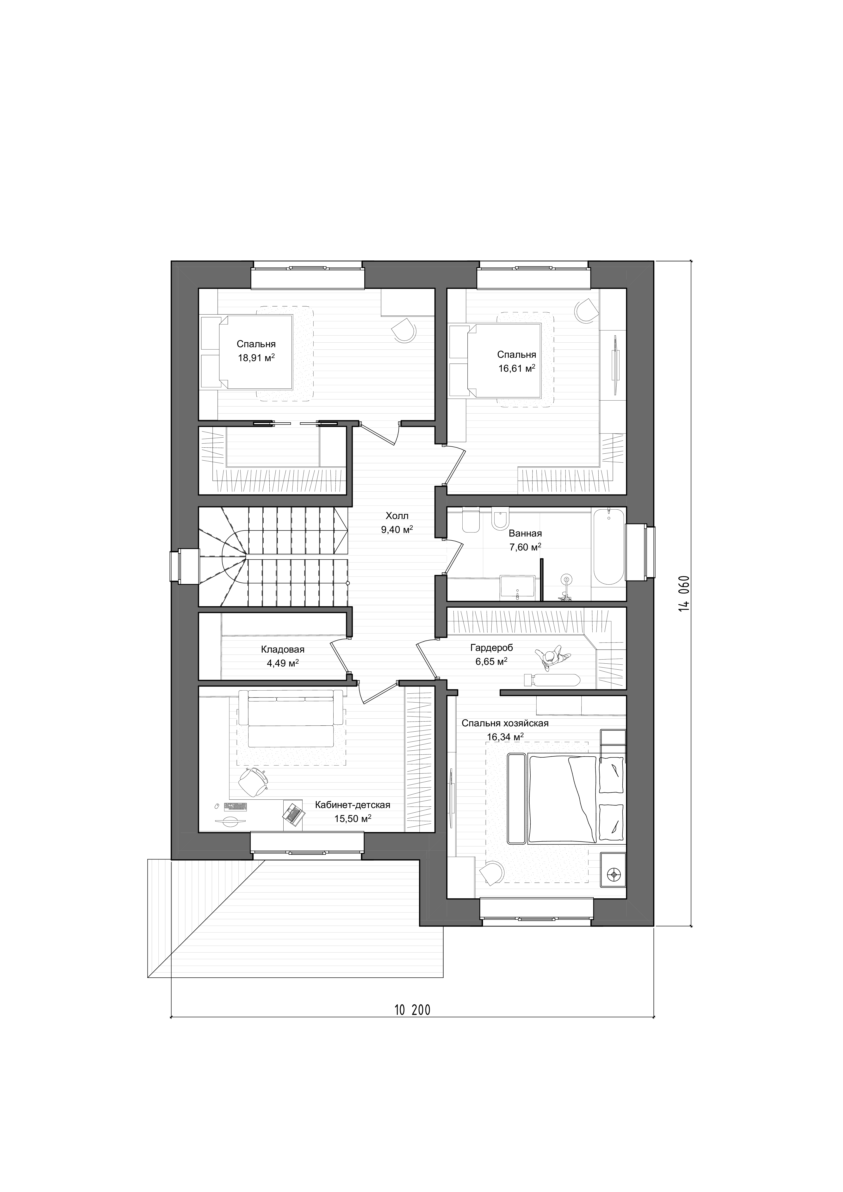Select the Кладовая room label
[x=282, y=649]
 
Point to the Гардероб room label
[x=492, y=648]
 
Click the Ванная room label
[x=525, y=533]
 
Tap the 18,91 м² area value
[x=256, y=358]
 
